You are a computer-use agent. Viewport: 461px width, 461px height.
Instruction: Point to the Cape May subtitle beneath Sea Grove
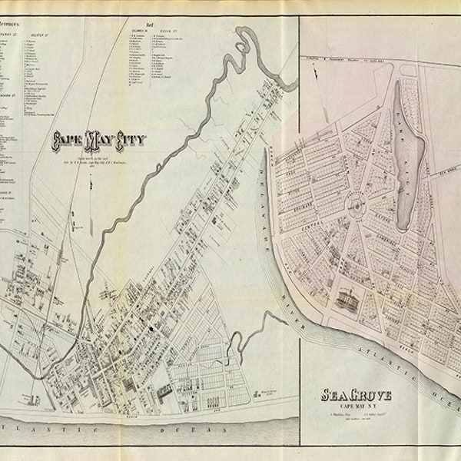pos(355,408)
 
